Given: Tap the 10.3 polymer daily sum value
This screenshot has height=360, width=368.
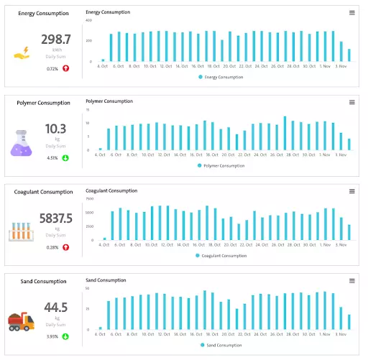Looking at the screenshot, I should click(55, 129).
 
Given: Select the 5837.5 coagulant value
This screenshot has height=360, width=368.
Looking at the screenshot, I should click(55, 218).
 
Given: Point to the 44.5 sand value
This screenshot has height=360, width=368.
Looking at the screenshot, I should click(55, 308).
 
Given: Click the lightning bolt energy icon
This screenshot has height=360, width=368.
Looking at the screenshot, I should click(22, 52).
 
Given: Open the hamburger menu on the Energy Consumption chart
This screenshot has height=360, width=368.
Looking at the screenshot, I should click(351, 13).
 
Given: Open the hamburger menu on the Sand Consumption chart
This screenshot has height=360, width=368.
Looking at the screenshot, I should click(351, 280).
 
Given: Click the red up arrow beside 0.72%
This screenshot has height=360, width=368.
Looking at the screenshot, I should click(65, 68).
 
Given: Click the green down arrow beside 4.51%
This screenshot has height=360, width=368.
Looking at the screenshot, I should click(65, 157).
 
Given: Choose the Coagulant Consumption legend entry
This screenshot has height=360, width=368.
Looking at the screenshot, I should click(223, 255).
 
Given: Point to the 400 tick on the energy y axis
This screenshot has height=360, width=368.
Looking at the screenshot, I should click(90, 20).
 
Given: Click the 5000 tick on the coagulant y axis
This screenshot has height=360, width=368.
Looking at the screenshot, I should click(90, 213).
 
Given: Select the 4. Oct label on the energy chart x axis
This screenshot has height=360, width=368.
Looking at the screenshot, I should click(102, 66).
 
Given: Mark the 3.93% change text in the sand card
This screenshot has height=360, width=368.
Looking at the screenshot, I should click(52, 336).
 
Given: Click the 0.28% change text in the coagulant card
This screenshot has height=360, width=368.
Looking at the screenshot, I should click(52, 246).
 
